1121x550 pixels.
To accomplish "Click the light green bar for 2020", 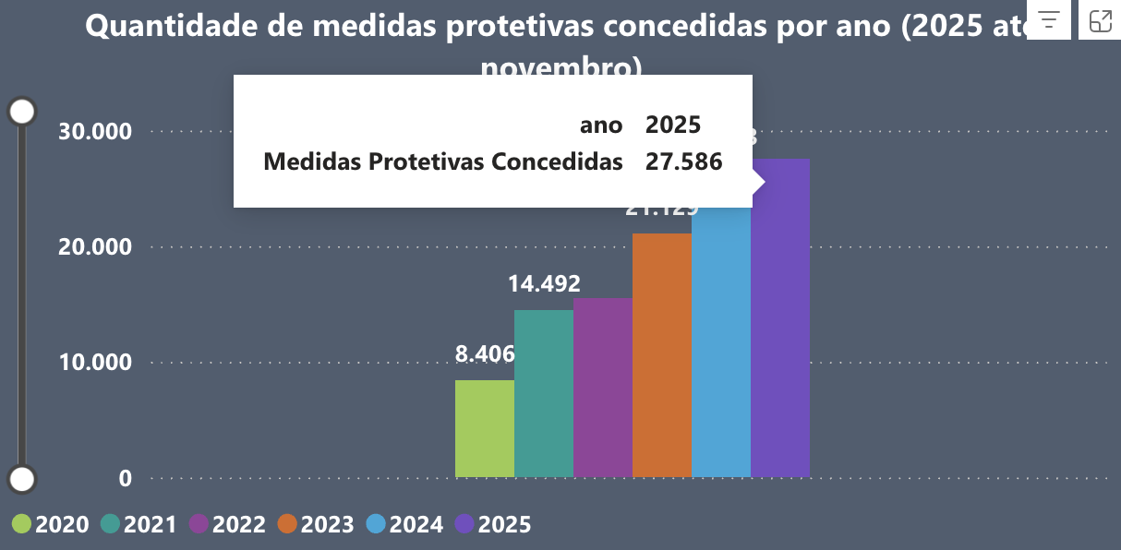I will [485, 429].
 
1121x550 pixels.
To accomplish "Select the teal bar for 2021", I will [544, 394].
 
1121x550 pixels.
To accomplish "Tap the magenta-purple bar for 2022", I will [603, 388].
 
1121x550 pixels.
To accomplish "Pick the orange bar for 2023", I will [662, 355].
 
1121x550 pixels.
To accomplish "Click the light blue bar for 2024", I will [721, 341].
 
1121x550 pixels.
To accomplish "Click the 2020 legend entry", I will [51, 524].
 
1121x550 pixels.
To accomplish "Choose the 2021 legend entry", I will [139, 524].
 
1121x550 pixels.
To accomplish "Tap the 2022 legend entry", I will [227, 524].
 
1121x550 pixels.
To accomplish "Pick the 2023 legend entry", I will [316, 524].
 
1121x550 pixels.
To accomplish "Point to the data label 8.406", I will [485, 354].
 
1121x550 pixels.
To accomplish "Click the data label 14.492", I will [544, 284].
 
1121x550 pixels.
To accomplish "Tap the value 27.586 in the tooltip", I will [683, 162].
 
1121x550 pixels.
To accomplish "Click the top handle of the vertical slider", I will [21, 112].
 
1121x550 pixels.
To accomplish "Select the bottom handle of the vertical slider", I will [21, 479].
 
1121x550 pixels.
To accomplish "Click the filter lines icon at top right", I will [1048, 20].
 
